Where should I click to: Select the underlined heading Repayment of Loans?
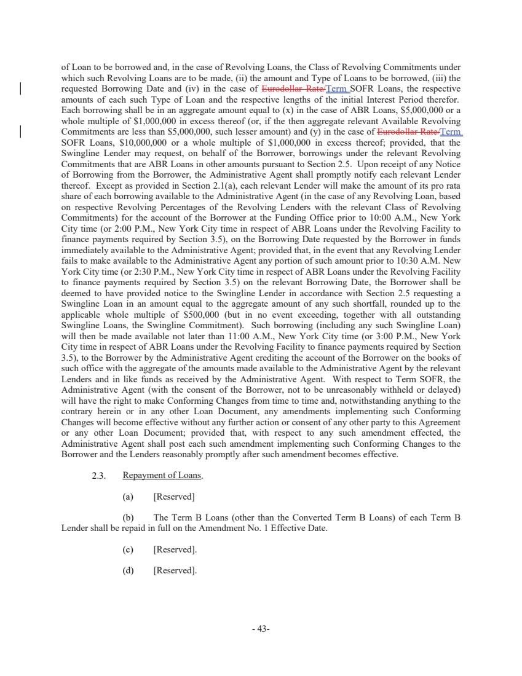tap(158, 475)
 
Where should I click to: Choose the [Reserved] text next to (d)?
tap(175, 570)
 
